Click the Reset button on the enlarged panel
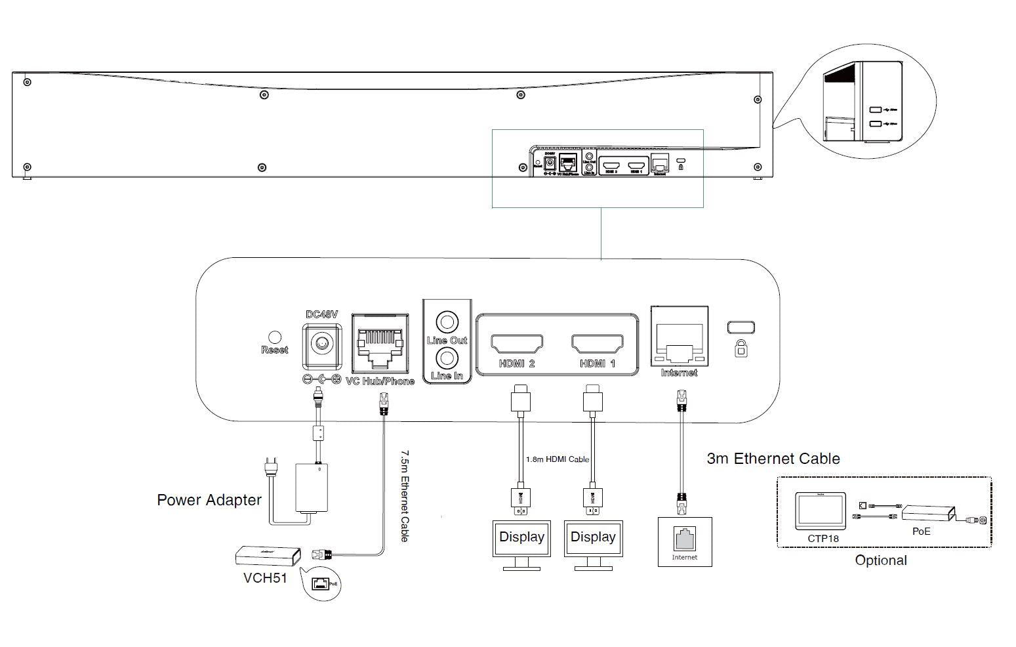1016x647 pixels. coord(275,337)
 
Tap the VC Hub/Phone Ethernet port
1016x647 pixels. coord(380,343)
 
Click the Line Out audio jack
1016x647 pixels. coord(447,322)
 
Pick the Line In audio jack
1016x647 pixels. coord(447,358)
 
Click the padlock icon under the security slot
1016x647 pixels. coord(741,348)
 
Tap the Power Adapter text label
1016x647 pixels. coord(209,500)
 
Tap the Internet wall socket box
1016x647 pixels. coord(685,541)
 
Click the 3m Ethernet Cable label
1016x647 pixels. coord(773,459)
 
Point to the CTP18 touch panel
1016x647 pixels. coord(820,511)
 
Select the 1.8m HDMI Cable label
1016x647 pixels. coord(558,459)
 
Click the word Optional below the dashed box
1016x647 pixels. coord(881,560)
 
